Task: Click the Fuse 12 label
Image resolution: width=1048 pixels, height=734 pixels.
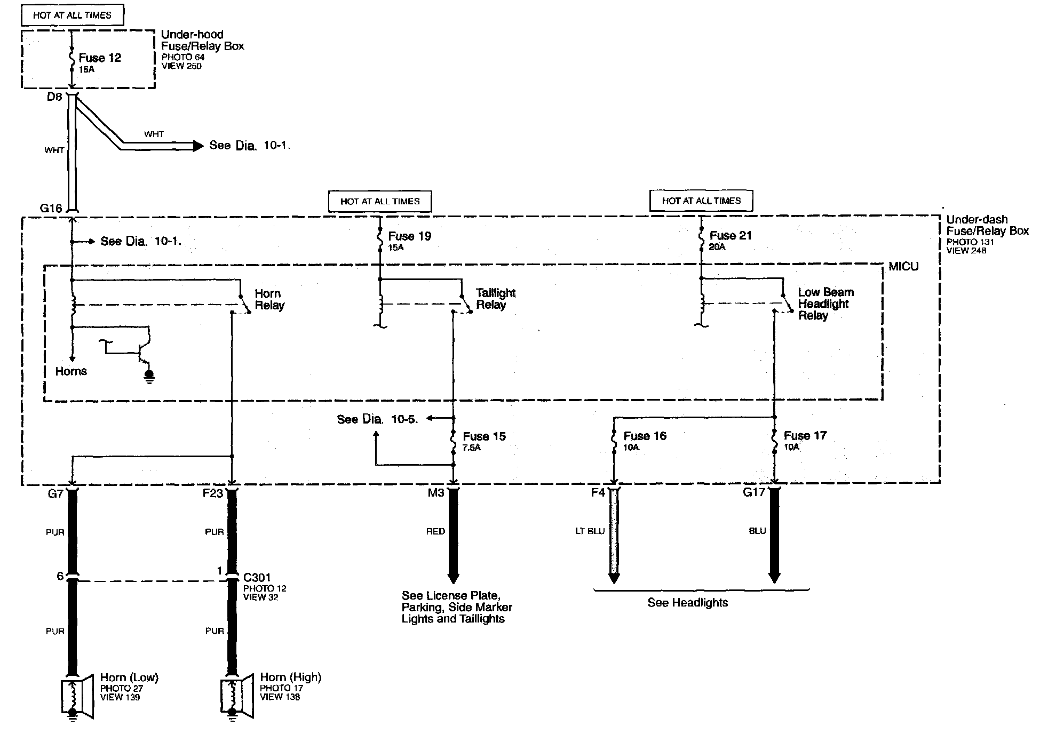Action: [100, 58]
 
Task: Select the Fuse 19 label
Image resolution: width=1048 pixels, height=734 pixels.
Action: [409, 236]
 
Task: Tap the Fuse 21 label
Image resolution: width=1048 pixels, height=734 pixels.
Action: [730, 236]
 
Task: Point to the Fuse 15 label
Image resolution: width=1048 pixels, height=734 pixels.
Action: [484, 436]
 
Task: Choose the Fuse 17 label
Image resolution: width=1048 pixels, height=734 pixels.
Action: [805, 436]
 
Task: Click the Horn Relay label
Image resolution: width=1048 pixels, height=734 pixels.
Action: [269, 299]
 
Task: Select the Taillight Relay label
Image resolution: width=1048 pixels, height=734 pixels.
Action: [495, 299]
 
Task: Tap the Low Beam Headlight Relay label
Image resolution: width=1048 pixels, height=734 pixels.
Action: [825, 304]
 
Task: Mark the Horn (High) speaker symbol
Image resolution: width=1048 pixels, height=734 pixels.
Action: [236, 698]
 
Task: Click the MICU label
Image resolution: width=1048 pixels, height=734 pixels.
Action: [903, 267]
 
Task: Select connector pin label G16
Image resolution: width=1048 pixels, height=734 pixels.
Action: [51, 209]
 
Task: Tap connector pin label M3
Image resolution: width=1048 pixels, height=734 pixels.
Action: [435, 493]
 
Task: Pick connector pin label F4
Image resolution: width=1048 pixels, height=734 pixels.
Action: [598, 492]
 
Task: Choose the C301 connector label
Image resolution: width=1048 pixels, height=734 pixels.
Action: [257, 577]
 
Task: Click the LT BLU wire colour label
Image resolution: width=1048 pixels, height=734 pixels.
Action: [590, 531]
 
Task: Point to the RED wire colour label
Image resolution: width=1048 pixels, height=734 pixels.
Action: [435, 531]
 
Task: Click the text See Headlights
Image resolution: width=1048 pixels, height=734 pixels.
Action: [687, 603]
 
